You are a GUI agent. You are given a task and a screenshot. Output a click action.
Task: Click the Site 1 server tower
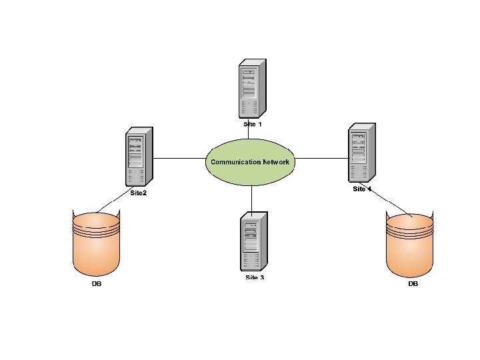252,88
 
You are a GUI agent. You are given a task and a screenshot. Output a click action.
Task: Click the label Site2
139,193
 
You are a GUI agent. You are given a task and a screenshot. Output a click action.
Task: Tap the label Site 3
255,277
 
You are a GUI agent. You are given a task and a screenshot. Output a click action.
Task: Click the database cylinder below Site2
97,243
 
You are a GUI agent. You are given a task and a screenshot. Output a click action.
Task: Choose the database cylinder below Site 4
411,243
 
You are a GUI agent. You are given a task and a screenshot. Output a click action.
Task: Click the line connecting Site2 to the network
179,159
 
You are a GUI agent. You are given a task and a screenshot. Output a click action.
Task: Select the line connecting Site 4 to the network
321,159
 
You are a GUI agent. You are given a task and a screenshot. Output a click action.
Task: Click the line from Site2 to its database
113,204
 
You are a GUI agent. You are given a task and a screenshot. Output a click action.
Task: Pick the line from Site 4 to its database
389,203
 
